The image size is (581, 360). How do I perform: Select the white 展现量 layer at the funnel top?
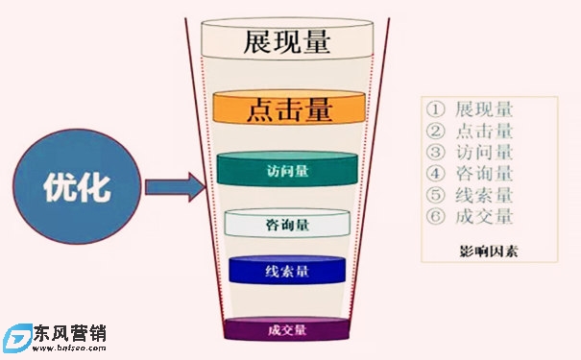point(289,42)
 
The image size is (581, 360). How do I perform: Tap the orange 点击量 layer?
point(289,108)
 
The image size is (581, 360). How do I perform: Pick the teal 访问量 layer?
point(288,170)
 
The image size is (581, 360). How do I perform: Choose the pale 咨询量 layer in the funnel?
point(287,225)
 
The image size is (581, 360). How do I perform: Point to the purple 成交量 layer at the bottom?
point(288,330)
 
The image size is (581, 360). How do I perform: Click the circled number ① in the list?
point(436,109)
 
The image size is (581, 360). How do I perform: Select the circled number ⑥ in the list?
point(436,216)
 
